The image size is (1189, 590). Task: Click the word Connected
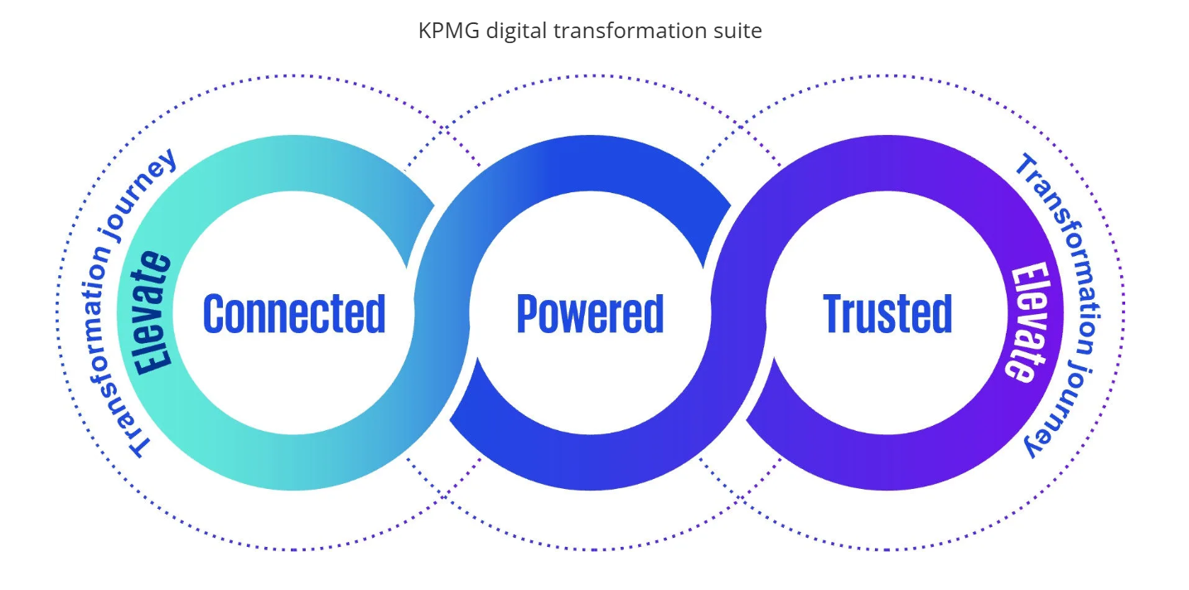click(x=294, y=313)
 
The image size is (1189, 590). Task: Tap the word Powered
click(x=590, y=313)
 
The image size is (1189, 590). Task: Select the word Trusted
click(x=887, y=313)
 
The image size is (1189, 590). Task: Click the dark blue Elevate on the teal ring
click(x=155, y=312)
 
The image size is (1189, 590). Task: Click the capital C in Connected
click(x=215, y=313)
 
